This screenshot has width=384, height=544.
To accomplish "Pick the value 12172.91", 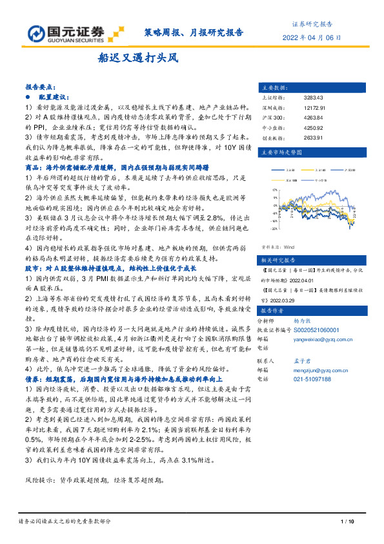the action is [314, 107].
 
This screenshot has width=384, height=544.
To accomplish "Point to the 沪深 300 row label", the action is [270, 117].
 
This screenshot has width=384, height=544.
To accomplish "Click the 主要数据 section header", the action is [274, 86].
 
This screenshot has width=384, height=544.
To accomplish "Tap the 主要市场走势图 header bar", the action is [281, 154].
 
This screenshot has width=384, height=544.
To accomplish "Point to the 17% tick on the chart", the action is [276, 189].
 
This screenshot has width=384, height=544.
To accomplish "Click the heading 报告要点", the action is [41, 86].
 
